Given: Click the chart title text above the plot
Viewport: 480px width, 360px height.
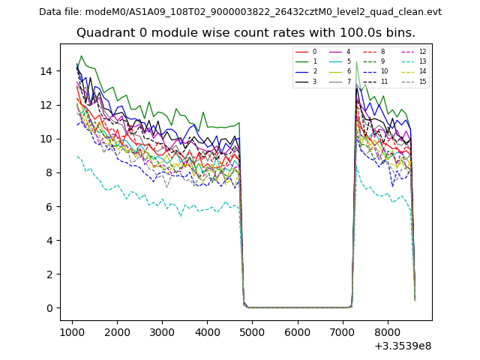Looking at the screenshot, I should [x=246, y=33].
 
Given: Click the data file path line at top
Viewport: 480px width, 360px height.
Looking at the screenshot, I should [x=240, y=12].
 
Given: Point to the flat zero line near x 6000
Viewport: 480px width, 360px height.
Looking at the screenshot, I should [x=298, y=307].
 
